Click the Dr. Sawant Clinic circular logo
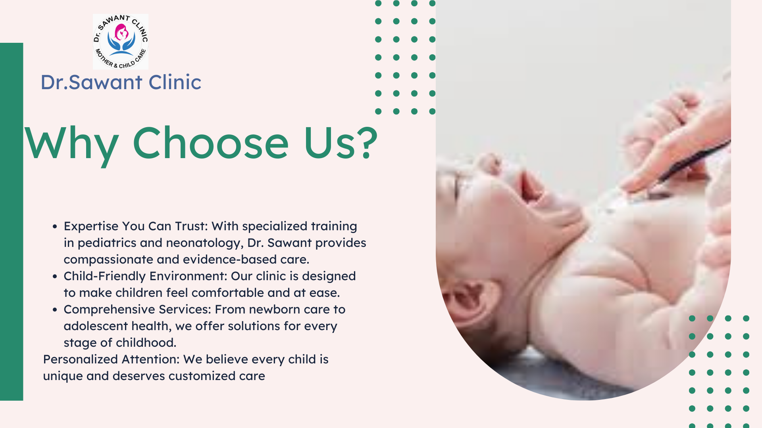(121, 42)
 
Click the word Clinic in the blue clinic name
(175, 82)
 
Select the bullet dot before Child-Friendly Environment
(55, 276)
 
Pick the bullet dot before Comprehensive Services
(55, 310)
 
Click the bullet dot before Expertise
(55, 226)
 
